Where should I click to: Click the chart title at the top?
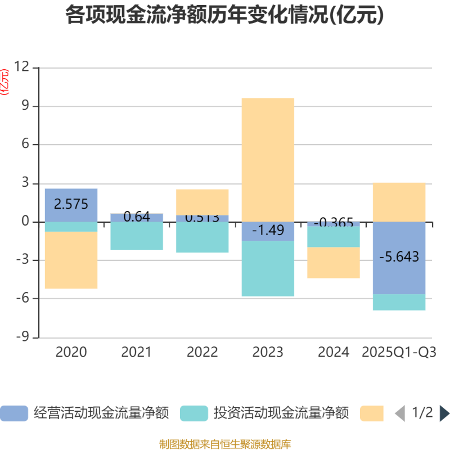pyautogui.click(x=224, y=16)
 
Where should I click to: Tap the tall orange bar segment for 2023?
pyautogui.click(x=268, y=159)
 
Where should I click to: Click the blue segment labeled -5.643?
pyautogui.click(x=399, y=258)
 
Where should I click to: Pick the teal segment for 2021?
pyautogui.click(x=137, y=236)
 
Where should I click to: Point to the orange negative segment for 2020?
pyautogui.click(x=71, y=260)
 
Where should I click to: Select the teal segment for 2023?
pyautogui.click(x=268, y=269)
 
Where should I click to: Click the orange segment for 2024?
pyautogui.click(x=333, y=263)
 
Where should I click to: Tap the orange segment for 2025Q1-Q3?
pyautogui.click(x=399, y=202)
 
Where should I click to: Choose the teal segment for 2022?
pyautogui.click(x=202, y=238)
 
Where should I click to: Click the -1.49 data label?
pyautogui.click(x=268, y=230)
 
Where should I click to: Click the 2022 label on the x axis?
pyautogui.click(x=202, y=353)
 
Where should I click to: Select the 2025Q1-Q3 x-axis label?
pyautogui.click(x=399, y=353)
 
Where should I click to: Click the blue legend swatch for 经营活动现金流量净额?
pyautogui.click(x=14, y=413)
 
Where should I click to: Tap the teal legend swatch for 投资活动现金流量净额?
pyautogui.click(x=194, y=413)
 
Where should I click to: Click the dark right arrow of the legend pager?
pyautogui.click(x=444, y=413)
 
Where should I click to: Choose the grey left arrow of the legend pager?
pyautogui.click(x=399, y=413)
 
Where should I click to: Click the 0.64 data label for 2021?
pyautogui.click(x=137, y=217)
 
